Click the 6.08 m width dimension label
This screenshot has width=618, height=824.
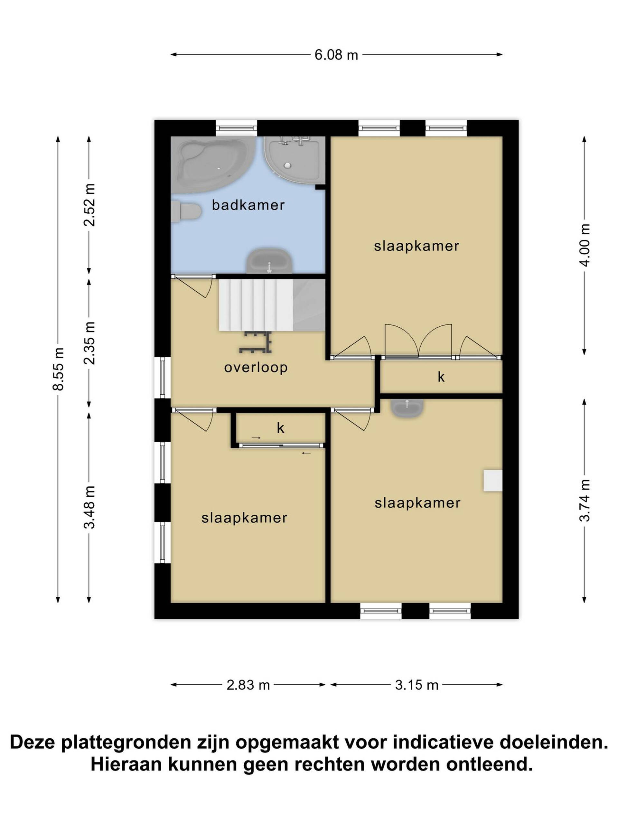(336, 55)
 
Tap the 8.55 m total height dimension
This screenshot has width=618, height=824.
(58, 369)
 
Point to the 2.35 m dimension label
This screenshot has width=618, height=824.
(89, 343)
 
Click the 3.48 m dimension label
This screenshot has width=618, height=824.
(89, 507)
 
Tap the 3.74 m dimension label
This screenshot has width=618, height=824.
(584, 500)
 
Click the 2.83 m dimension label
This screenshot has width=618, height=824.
(248, 685)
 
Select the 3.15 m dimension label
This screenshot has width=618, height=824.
(417, 685)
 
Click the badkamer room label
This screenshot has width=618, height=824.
(248, 205)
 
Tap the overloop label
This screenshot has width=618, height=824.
(256, 367)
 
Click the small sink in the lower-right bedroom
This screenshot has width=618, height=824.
(407, 407)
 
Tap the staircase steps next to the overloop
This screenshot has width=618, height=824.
(256, 304)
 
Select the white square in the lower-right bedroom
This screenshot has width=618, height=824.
(492, 481)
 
